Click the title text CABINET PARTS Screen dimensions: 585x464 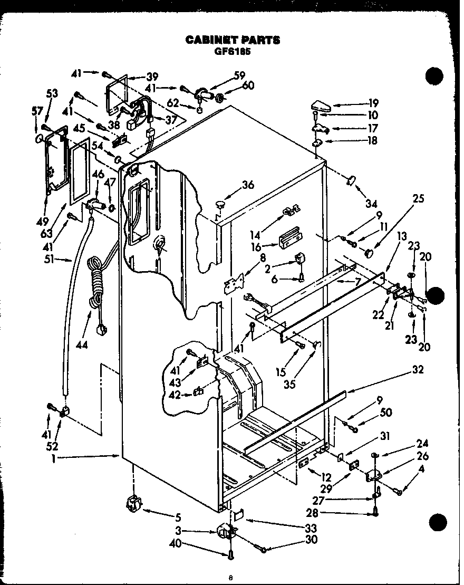click(232, 40)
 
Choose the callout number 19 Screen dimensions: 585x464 click(373, 103)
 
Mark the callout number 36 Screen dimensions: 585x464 click(248, 185)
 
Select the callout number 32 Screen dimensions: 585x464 click(417, 370)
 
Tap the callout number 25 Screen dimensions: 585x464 click(419, 199)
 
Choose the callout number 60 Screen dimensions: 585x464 click(248, 86)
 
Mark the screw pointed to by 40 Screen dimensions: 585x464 click(231, 553)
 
